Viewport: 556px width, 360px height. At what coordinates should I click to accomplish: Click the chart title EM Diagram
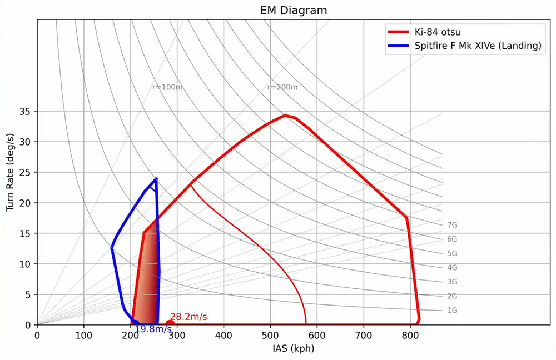point(294,11)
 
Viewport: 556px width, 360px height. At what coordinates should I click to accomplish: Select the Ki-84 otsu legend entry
point(437,32)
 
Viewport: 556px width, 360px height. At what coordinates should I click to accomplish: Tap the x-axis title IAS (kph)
point(293,349)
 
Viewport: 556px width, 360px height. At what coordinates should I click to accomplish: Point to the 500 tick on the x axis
point(270,335)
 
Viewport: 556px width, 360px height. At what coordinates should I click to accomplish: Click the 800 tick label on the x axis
point(410,335)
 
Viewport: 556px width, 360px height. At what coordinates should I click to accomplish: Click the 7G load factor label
point(452,225)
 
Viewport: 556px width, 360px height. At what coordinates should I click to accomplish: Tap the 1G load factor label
point(452,310)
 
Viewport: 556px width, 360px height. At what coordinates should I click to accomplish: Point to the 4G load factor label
point(452,268)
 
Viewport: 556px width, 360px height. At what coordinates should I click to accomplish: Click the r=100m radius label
point(167,87)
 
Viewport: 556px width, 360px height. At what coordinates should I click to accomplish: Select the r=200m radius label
point(282,87)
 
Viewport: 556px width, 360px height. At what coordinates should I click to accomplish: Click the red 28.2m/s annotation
point(188,317)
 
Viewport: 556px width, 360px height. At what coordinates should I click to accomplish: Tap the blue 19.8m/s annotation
point(153,330)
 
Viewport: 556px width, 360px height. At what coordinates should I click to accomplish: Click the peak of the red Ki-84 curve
point(285,115)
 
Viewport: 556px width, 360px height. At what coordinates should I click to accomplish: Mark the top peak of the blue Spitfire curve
point(156,179)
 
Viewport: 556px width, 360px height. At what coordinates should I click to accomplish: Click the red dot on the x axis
point(170,324)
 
